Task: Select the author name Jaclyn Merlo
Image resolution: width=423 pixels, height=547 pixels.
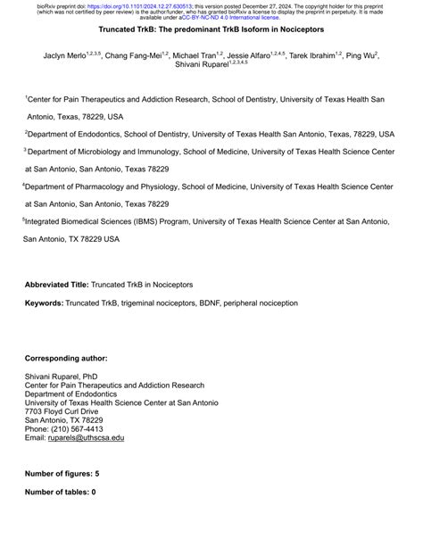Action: coord(67,55)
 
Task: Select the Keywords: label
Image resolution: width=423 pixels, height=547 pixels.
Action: coord(44,303)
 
